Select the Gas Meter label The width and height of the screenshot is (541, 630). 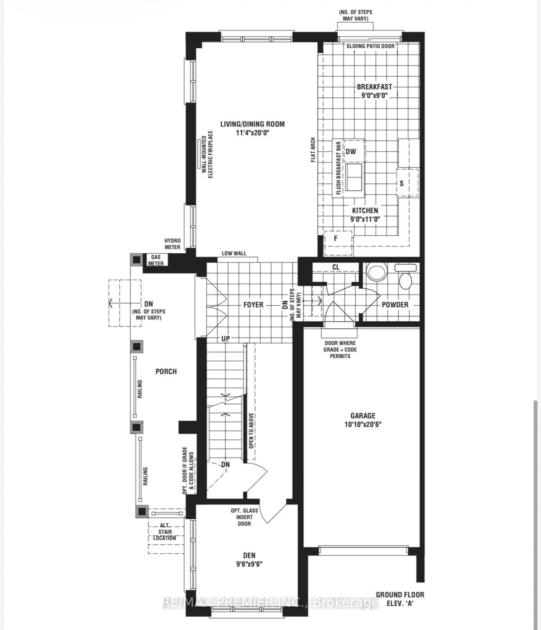pyautogui.click(x=156, y=260)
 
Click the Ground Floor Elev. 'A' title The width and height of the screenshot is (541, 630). pyautogui.click(x=400, y=599)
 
